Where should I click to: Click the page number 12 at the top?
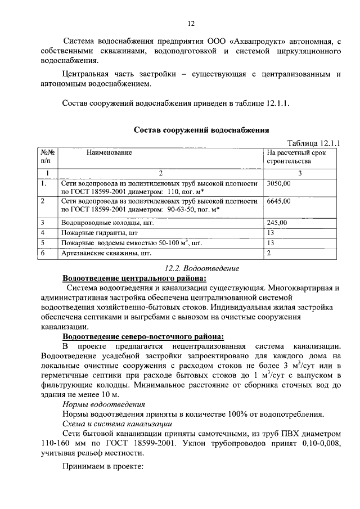[x=191, y=23]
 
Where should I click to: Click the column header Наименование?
[x=109, y=152]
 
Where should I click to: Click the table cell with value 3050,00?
[x=278, y=183]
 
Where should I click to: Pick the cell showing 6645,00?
[x=278, y=201]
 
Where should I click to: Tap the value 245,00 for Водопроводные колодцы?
[x=277, y=223]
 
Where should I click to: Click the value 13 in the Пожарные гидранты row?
[x=271, y=233]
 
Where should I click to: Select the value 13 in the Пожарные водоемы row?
[x=271, y=243]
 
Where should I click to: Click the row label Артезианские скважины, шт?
[x=99, y=253]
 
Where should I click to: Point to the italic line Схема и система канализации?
[x=117, y=424]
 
